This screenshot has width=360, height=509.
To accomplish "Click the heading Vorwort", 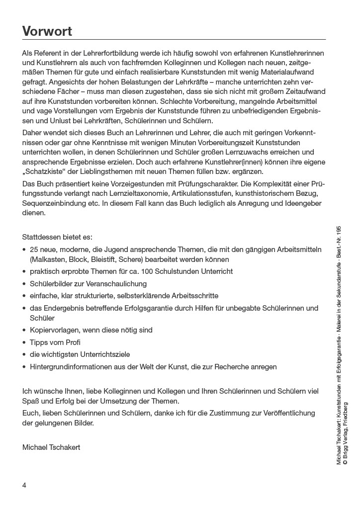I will (47, 31).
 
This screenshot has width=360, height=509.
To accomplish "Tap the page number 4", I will (24, 485).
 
